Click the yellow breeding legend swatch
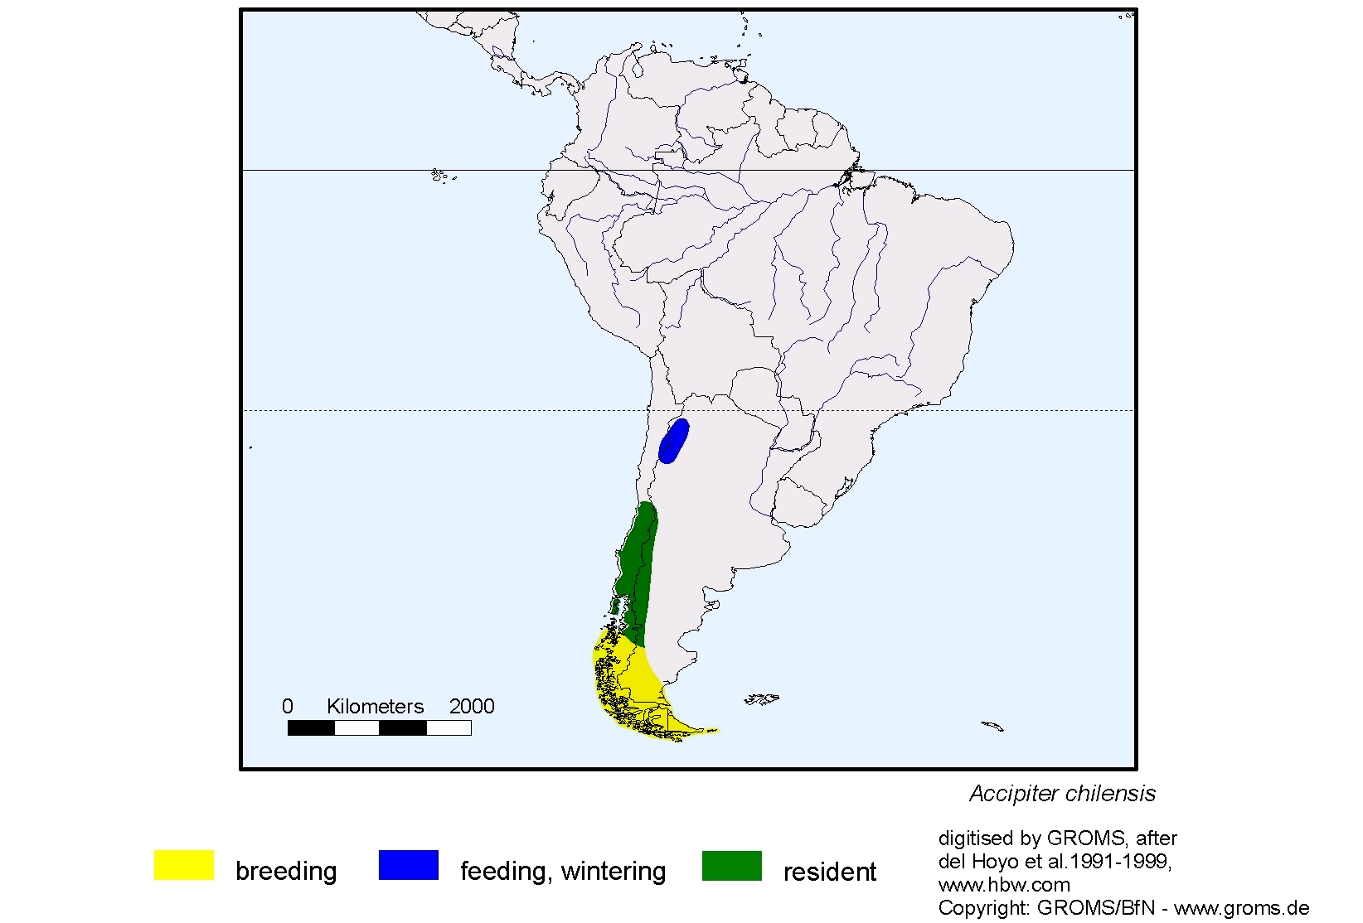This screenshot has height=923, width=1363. click(183, 865)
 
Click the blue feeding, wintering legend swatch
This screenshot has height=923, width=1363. click(408, 865)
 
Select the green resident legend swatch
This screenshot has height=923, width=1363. click(731, 865)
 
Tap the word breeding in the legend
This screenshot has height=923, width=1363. click(286, 872)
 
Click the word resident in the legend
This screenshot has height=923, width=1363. click(829, 872)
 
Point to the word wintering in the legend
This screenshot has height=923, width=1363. click(614, 872)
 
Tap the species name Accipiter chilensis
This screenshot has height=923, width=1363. click(1062, 794)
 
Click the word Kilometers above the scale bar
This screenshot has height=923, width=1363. click(375, 707)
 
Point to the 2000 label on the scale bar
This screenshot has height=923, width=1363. click(472, 707)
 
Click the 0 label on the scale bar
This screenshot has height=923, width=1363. click(288, 707)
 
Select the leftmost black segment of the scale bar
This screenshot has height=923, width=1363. click(311, 728)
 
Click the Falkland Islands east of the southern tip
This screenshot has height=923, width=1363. click(761, 699)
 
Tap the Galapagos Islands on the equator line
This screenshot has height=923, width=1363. click(440, 175)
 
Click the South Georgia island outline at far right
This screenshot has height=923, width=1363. click(992, 727)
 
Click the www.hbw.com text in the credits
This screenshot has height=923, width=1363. click(1004, 885)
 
